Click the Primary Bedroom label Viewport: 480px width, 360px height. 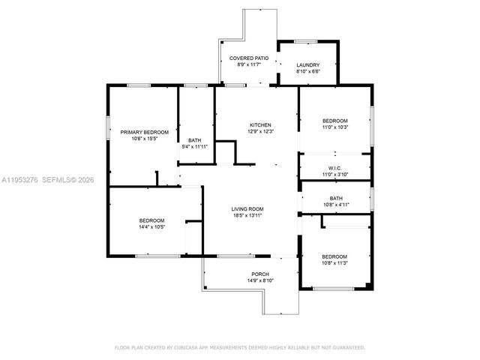145,132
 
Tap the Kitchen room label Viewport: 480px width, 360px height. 260,124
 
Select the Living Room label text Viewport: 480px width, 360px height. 247,208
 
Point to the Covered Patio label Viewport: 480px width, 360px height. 247,58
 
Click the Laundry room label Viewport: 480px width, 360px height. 307,64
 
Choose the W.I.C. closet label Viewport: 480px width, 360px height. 334,167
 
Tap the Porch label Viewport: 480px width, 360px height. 260,274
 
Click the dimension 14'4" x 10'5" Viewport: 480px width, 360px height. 151,226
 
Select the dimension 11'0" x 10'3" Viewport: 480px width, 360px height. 334,127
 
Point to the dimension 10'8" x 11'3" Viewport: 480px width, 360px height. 334,262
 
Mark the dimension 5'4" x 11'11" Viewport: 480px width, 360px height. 195,147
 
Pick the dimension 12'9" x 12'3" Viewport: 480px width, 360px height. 260,131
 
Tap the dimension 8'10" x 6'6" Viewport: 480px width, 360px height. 307,71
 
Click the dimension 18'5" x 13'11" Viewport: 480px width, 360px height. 247,215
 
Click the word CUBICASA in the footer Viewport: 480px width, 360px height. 191,348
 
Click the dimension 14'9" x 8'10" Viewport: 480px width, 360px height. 260,280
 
